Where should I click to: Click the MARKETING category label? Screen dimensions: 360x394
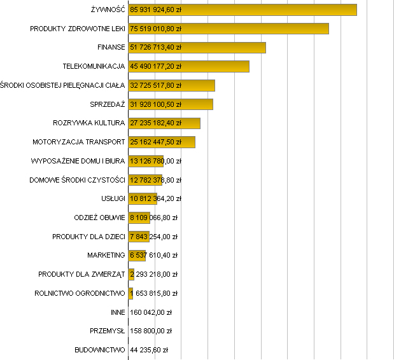tap(106, 256)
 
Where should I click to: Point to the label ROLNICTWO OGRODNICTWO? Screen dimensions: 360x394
tap(80, 293)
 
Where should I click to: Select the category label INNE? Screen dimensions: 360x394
tap(118, 312)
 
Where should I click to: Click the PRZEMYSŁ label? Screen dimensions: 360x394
tap(108, 331)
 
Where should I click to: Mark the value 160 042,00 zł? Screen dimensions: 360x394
tap(151, 312)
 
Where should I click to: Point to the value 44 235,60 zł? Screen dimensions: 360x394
tap(148, 350)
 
